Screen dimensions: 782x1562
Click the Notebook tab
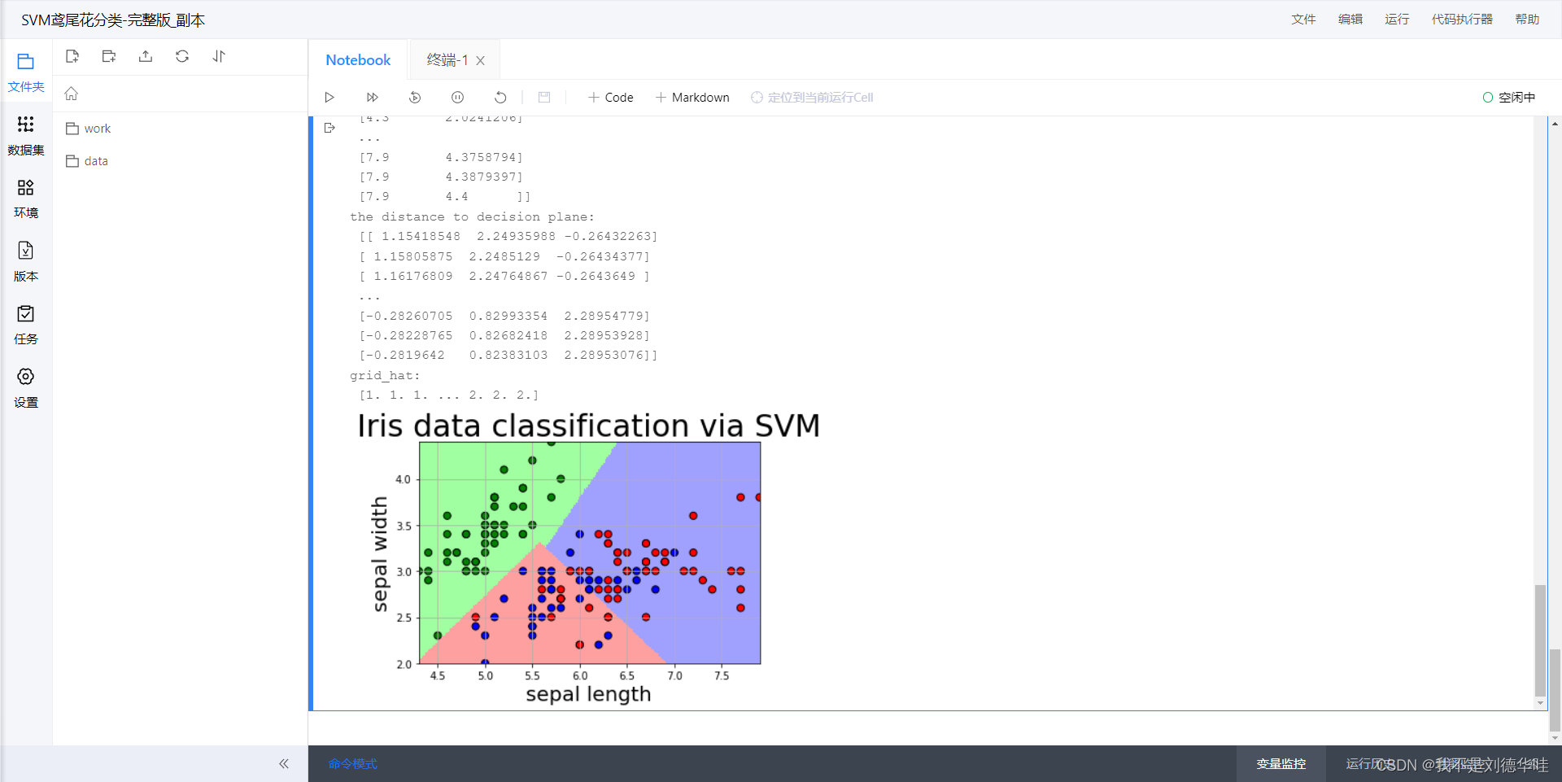358,60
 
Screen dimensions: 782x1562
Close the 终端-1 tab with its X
481,61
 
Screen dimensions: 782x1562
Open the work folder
97,129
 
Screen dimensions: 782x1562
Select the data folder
95,161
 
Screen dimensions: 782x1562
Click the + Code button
610,98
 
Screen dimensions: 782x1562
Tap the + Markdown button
692,98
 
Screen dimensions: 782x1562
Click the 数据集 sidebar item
26,134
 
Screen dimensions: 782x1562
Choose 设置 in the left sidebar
26,387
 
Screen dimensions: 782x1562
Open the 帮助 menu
1527,20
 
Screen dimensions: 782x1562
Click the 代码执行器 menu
1462,20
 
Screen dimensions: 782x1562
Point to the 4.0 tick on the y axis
404,479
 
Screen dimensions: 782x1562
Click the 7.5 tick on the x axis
722,675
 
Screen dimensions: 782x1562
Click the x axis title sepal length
588,694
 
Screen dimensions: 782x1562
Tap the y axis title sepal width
379,553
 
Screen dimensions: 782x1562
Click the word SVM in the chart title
787,426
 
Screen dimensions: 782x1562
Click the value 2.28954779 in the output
606,316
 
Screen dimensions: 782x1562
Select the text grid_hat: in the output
385,375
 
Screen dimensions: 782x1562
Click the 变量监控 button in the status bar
1281,764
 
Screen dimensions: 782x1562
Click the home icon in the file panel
72,94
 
